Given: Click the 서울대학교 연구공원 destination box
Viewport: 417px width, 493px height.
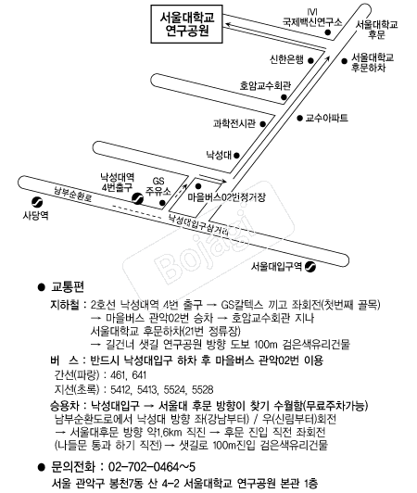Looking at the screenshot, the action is coord(187,24).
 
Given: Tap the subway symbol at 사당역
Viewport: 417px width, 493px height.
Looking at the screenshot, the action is coord(37,202).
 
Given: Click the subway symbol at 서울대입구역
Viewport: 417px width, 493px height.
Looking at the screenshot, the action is coord(310,267).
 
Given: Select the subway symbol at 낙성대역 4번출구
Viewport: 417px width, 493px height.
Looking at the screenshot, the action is coord(138,198).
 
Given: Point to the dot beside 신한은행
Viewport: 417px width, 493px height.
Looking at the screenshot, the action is coord(310,60).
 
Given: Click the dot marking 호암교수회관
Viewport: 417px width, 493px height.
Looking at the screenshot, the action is coord(284,97).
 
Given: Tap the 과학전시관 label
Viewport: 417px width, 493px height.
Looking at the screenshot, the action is coord(234,123).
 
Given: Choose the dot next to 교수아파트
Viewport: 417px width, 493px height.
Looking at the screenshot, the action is coord(299,118).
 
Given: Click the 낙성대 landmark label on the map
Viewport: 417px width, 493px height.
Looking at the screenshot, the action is coord(219,155).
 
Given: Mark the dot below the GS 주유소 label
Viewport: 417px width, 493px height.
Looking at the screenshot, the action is coord(162,203).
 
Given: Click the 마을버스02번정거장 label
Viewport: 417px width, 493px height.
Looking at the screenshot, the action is coord(226,197).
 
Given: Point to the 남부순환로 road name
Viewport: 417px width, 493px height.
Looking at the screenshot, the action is coord(72,194).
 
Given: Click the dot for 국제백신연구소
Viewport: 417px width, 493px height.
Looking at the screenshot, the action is coord(328,32).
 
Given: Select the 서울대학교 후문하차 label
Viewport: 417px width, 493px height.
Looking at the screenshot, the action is coord(372,63).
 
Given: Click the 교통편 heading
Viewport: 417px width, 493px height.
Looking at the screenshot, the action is coord(67,287).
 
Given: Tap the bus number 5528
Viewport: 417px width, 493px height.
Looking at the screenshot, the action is coord(202,389).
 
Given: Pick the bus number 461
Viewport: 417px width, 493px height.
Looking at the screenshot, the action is coord(119,375).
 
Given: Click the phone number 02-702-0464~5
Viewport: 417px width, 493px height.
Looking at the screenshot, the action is coord(152,467).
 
